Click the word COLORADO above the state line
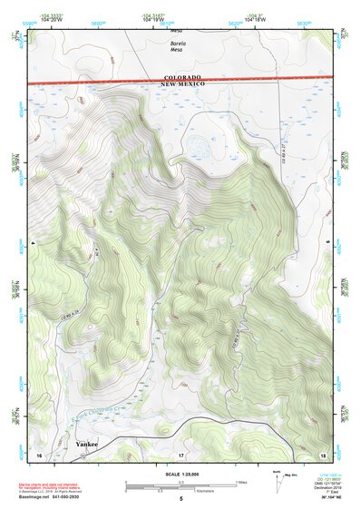click(x=183, y=78)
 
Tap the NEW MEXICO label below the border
click(x=183, y=84)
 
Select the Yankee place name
click(x=86, y=444)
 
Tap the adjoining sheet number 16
click(x=38, y=453)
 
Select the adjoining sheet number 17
click(x=181, y=453)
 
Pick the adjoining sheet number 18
click(x=323, y=453)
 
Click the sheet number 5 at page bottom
click(x=181, y=500)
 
